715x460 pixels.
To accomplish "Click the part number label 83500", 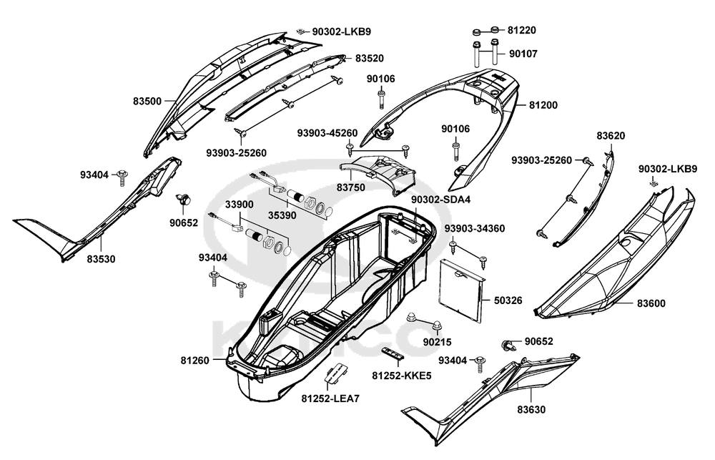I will point(147,102).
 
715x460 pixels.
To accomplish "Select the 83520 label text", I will point(370,58).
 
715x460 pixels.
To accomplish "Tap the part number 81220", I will point(522,31).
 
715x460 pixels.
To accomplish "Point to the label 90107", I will point(523,54).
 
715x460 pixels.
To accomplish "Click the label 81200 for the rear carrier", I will point(543,105).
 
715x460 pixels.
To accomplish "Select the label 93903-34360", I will point(475,228).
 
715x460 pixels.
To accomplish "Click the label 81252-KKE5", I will point(402,376).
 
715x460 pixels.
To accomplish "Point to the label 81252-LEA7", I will point(330,398).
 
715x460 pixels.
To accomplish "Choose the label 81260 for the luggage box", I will point(195,361).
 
